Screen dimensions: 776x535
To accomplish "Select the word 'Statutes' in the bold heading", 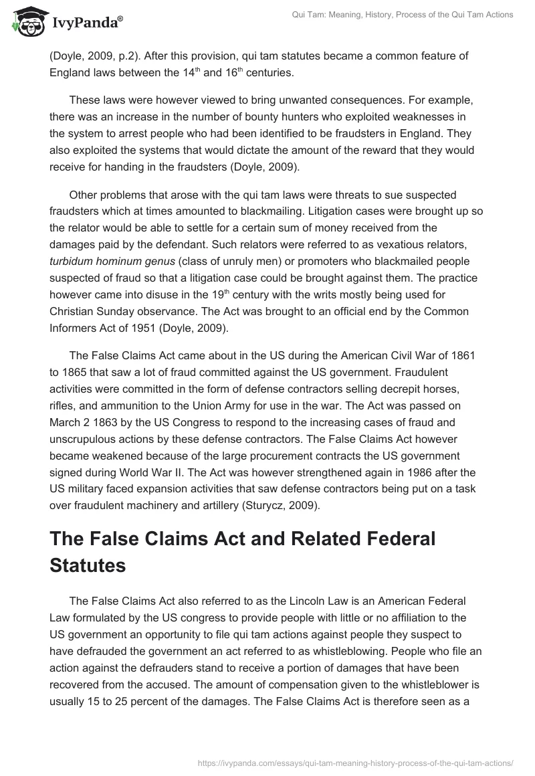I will click(x=88, y=565).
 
